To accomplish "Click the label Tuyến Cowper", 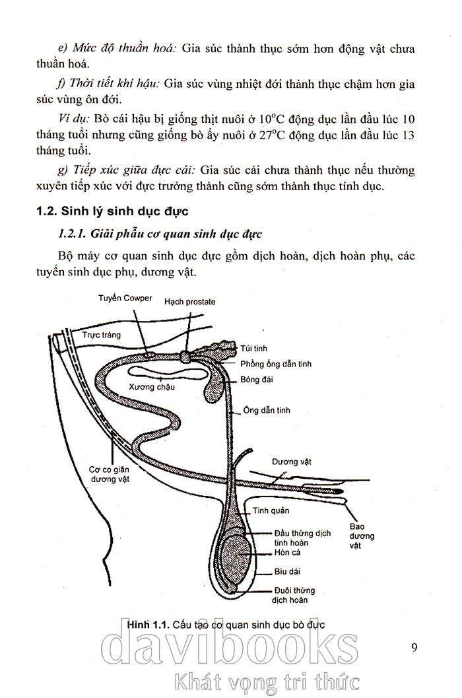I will pos(125,298).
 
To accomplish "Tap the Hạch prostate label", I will pos(190,302).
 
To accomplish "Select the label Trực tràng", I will pos(101,335).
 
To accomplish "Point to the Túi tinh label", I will pos(254,348).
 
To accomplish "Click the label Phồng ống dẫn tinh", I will pos(276,364).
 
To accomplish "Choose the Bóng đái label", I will pos(257,379).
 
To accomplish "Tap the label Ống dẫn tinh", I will pos(266,411).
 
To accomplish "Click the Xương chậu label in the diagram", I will pos(152,387).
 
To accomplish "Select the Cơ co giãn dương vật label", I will pos(109,475).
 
